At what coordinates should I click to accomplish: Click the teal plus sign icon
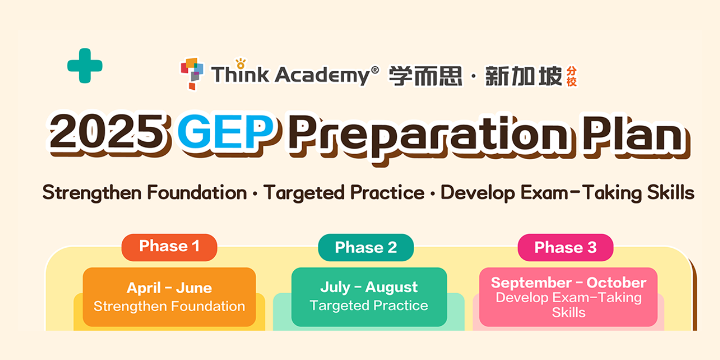(x=84, y=66)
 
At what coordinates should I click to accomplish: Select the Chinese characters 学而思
(x=426, y=75)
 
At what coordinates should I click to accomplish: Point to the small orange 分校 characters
(x=571, y=76)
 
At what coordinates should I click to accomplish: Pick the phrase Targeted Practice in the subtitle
(x=344, y=193)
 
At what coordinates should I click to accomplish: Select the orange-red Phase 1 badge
(x=169, y=246)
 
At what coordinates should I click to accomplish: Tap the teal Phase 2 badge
(x=366, y=248)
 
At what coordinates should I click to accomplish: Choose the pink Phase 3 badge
(x=565, y=248)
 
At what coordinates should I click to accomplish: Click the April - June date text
(x=169, y=288)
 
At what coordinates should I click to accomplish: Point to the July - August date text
(x=369, y=287)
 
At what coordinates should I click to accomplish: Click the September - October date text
(x=568, y=282)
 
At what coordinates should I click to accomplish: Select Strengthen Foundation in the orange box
(x=169, y=306)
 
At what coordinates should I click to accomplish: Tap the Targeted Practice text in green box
(x=369, y=305)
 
